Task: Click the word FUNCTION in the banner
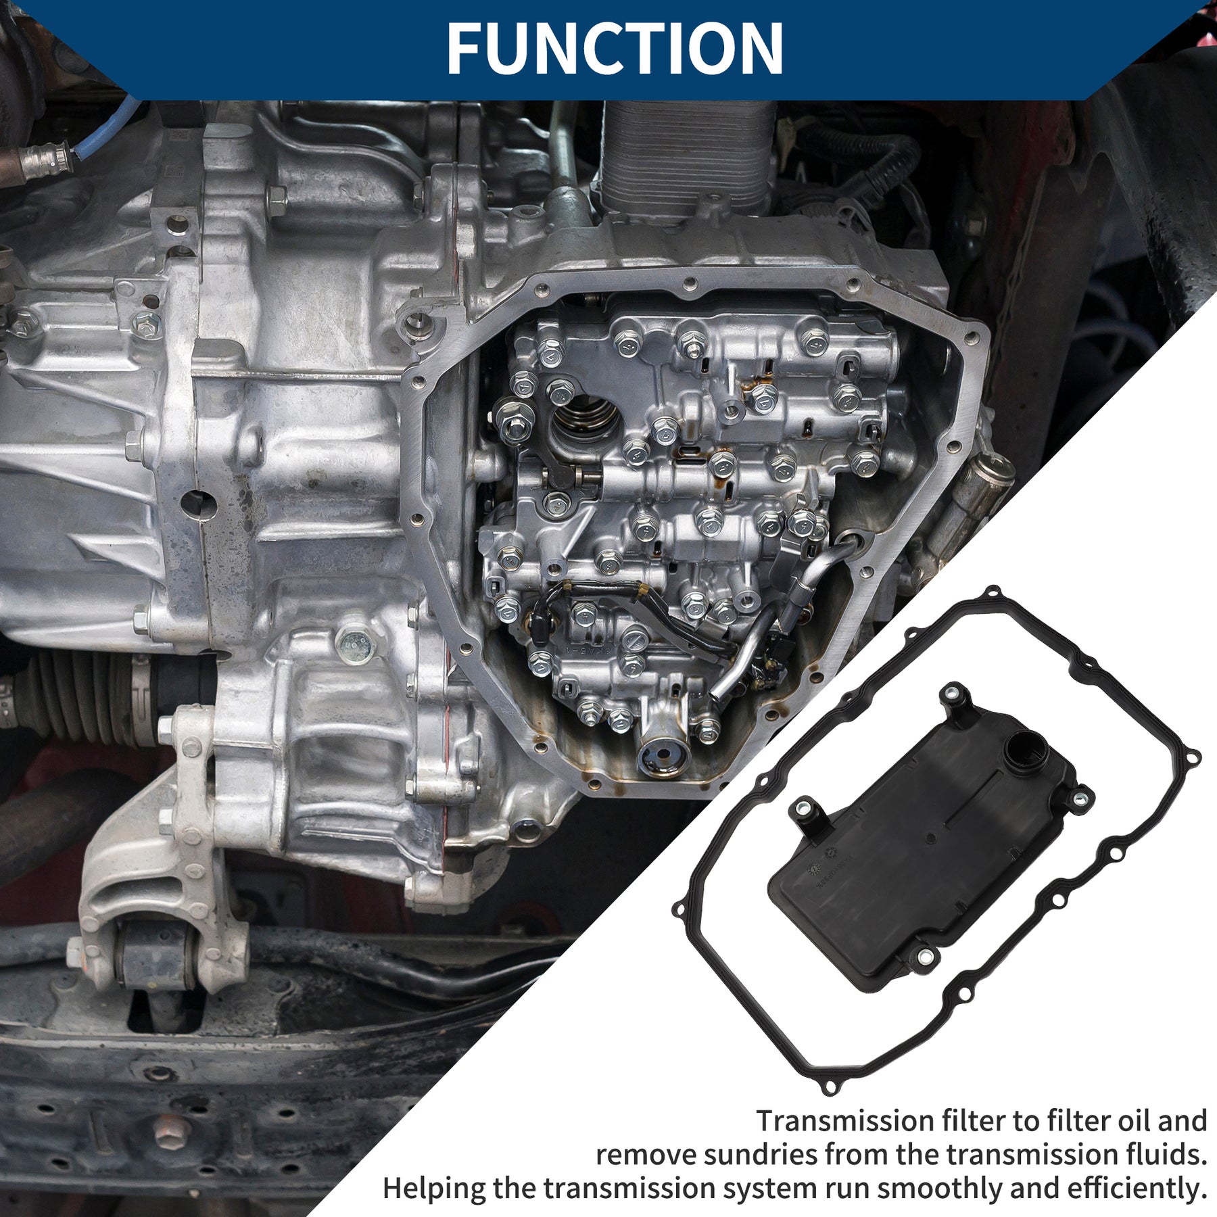pyautogui.click(x=615, y=48)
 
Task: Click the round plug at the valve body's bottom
pyautogui.click(x=663, y=757)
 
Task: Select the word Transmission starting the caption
pyautogui.click(x=845, y=1120)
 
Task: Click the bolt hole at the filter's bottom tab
pyautogui.click(x=924, y=956)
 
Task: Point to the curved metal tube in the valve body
pyautogui.click(x=744, y=649)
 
